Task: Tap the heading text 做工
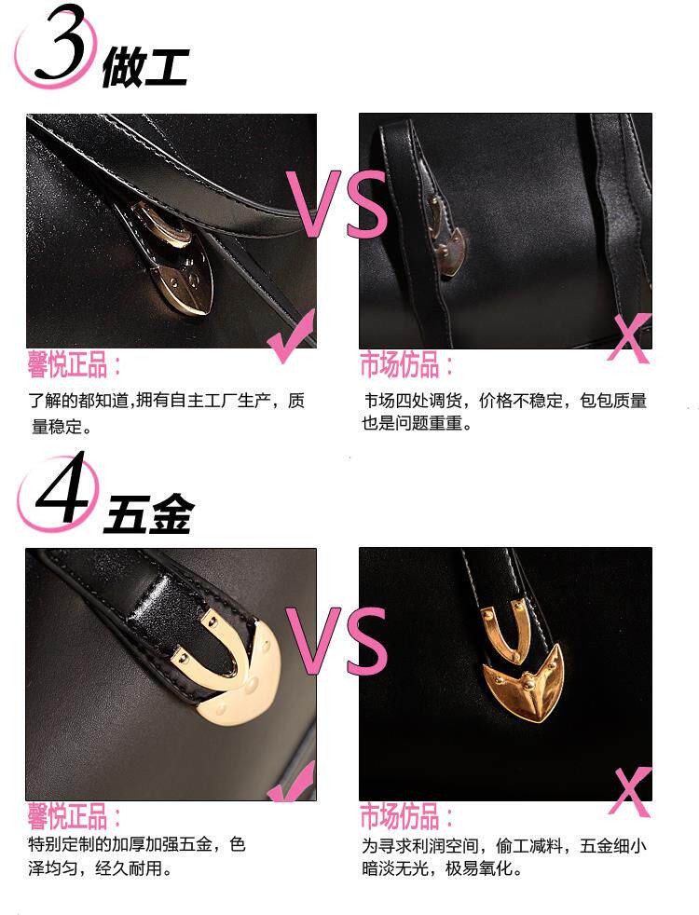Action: tap(144, 67)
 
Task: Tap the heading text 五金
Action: tap(147, 513)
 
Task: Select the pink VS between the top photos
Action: tap(337, 204)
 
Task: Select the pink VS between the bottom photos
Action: tap(337, 640)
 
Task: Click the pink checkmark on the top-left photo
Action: tap(292, 337)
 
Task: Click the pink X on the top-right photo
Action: tap(629, 337)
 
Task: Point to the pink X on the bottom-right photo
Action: tap(630, 791)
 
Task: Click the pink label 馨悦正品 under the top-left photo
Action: tap(67, 364)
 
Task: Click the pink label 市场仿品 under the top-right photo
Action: tap(400, 364)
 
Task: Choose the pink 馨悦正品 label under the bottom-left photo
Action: tap(67, 816)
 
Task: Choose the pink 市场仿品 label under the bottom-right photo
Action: tap(400, 816)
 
